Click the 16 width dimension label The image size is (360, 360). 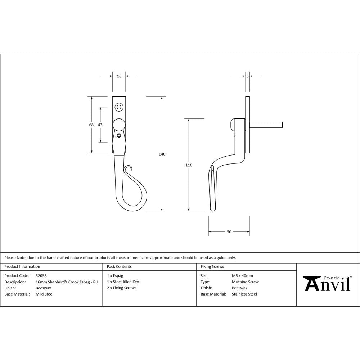pos(119,76)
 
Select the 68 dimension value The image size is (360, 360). pos(91,125)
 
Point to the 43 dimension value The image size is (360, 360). pos(100,125)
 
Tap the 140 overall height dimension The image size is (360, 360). pos(162,154)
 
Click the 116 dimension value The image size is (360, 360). pos(189,165)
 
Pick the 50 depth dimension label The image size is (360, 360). pos(229,232)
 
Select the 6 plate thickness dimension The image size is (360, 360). pos(247,76)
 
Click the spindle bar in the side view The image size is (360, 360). pos(266,125)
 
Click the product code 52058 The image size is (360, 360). pos(41,276)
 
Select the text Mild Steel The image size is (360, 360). pos(44,294)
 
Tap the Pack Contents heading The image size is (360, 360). pos(119,267)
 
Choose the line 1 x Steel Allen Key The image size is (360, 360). pos(123,282)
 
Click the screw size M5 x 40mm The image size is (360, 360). pos(242,276)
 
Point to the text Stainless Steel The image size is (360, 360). pos(244,294)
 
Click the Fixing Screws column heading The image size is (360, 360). pos(212,267)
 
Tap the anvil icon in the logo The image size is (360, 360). pos(312,283)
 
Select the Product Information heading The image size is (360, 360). pos(22,267)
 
